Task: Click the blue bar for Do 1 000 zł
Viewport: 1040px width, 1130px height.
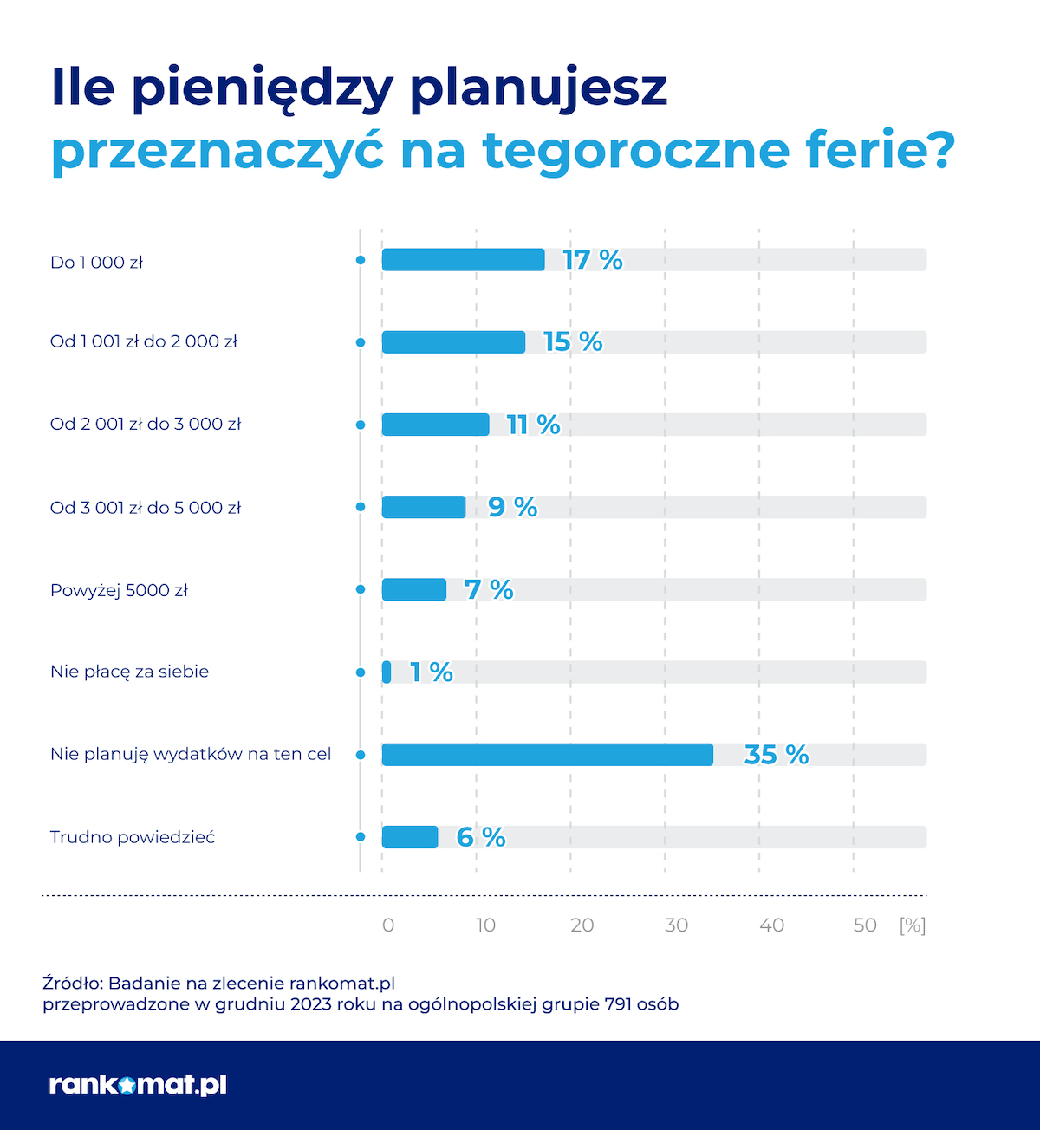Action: tap(463, 260)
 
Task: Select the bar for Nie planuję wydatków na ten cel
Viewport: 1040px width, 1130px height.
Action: tap(547, 755)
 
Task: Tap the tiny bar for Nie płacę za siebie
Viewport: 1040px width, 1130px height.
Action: tap(387, 672)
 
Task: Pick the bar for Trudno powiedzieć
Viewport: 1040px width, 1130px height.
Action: tap(410, 837)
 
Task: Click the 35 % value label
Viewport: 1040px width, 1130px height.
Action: tap(776, 755)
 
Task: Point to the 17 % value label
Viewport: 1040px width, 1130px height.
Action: tap(592, 260)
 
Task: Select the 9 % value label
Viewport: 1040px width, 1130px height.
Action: tap(512, 508)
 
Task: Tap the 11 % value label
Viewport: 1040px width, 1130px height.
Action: tap(533, 425)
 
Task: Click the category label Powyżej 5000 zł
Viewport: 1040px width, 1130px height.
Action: tap(119, 591)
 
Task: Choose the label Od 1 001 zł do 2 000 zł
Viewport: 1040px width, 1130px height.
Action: tap(143, 342)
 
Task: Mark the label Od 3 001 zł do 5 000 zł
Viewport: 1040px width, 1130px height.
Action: tap(145, 508)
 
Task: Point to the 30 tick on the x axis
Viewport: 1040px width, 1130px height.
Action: tap(676, 925)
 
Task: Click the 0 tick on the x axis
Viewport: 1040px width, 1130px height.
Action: tap(388, 925)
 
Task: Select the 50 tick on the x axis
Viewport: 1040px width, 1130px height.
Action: tap(865, 925)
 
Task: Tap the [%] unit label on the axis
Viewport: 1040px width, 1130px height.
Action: tap(913, 925)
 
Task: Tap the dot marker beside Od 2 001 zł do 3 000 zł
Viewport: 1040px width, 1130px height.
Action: tap(361, 425)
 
